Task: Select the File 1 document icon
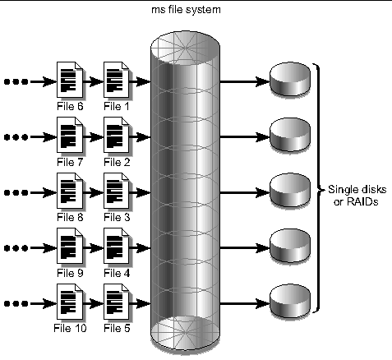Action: click(x=117, y=80)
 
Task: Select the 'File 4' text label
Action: click(x=117, y=272)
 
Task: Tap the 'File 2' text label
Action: click(x=117, y=163)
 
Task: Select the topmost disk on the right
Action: click(x=292, y=81)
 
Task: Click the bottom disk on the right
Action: click(x=292, y=298)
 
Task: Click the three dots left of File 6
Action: click(x=16, y=81)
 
